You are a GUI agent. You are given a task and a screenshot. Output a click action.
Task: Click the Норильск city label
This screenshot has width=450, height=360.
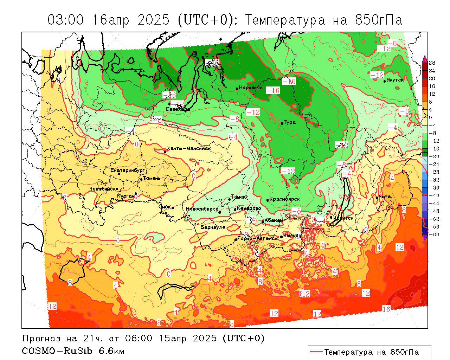pos(251,88)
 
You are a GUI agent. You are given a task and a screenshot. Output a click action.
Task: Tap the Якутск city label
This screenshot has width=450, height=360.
pos(395,80)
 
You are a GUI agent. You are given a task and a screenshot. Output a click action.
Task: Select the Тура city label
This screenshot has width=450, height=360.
pos(290,122)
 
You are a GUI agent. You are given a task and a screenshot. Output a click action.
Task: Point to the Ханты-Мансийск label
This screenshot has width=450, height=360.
pos(189,148)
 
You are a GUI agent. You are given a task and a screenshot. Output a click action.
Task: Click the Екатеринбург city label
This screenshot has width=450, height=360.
pos(128,170)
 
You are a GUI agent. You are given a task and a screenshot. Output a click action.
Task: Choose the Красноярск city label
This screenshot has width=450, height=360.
pos(284,199)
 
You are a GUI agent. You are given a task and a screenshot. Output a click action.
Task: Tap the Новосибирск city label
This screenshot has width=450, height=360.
pos(202,209)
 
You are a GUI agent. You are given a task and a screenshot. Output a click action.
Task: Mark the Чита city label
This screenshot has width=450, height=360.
pos(385,197)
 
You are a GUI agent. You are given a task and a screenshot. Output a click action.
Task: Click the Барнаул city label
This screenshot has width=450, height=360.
pos(211,227)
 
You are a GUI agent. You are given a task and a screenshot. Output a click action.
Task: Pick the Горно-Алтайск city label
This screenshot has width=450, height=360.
pos(258,238)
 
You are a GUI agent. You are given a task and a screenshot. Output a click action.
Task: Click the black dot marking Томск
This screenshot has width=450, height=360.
pos(230,199)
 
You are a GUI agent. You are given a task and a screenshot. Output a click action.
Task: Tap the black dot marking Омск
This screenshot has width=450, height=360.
pos(173,208)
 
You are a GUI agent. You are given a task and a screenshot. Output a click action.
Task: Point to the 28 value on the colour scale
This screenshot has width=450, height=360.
pos(432,63)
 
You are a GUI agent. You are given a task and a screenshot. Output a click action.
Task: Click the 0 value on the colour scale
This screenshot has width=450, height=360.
pos(431,117)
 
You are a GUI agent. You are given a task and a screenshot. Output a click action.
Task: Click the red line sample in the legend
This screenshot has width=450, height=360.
pos(316,352)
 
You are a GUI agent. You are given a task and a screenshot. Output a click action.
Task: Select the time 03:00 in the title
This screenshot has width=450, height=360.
pos(66,20)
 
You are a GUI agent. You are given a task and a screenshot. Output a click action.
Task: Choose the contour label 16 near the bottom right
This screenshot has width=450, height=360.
pos(386,309)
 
